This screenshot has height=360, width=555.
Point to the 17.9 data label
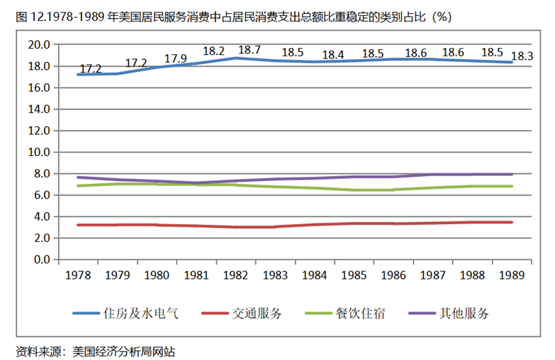[176, 58]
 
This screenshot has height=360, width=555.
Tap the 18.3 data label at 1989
[521, 56]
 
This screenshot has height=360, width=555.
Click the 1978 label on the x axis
[78, 275]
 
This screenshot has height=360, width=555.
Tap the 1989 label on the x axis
[513, 275]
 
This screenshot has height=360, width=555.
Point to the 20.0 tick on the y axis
[40, 45]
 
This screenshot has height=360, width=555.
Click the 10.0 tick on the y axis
[40, 152]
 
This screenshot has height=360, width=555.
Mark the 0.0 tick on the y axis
[42, 259]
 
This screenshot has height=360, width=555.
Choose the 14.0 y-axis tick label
[40, 109]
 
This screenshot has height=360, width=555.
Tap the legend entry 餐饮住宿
[361, 314]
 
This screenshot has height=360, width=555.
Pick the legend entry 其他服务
[464, 314]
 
